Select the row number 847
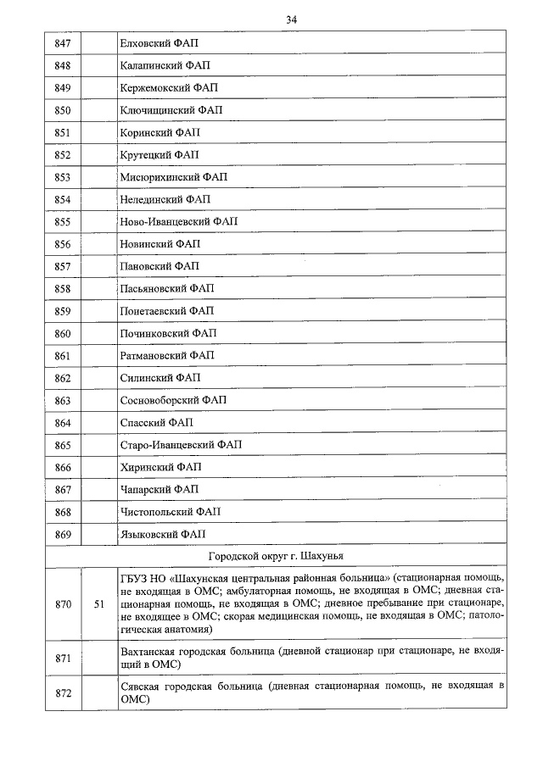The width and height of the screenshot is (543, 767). pyautogui.click(x=62, y=43)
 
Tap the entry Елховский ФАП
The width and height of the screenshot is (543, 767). pyautogui.click(x=159, y=43)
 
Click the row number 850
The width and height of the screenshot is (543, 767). pyautogui.click(x=62, y=110)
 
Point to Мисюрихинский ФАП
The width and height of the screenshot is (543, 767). pyautogui.click(x=174, y=177)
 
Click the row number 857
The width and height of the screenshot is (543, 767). pyautogui.click(x=62, y=266)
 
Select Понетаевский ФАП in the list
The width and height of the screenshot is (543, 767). pyautogui.click(x=167, y=311)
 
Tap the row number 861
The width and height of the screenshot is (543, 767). pyautogui.click(x=62, y=356)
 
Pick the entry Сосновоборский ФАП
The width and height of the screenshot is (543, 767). pyautogui.click(x=174, y=400)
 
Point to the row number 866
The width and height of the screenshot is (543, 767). pyautogui.click(x=62, y=467)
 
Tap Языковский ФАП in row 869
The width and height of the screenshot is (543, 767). pyautogui.click(x=163, y=534)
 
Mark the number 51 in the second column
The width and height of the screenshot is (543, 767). pyautogui.click(x=99, y=604)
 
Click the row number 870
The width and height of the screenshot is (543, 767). pyautogui.click(x=62, y=604)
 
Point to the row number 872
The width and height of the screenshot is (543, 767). pyautogui.click(x=62, y=693)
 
